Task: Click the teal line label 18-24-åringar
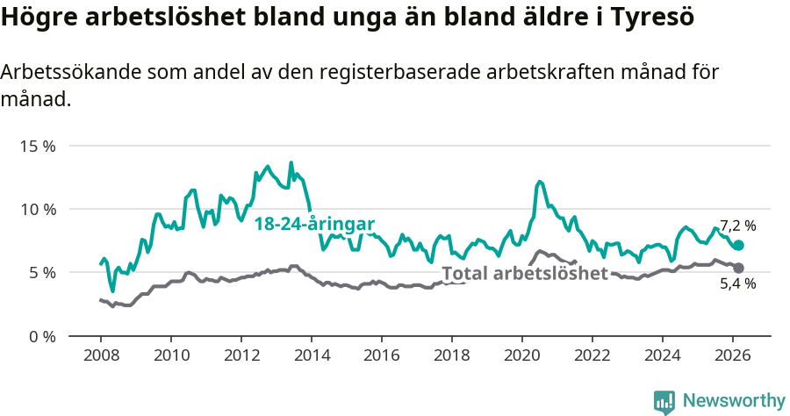click(315, 224)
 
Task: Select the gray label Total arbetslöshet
click(525, 273)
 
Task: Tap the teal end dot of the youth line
click(738, 246)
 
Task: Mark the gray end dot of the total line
click(738, 268)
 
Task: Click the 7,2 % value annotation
click(737, 226)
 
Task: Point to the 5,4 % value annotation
click(737, 283)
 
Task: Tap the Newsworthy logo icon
click(664, 402)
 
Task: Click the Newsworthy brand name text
click(733, 401)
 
